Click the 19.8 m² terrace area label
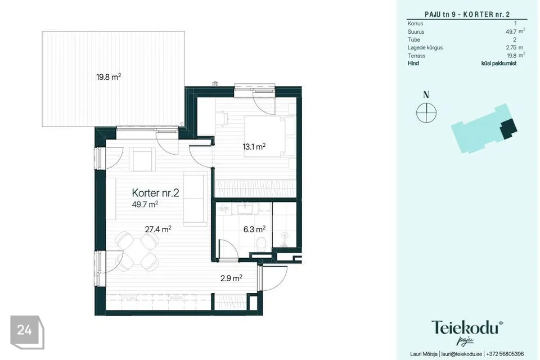[x=109, y=77]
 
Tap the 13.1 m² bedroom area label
[x=254, y=146]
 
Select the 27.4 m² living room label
[x=158, y=229]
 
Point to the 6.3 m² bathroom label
[x=254, y=229]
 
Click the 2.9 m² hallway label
[x=231, y=278]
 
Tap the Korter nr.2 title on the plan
[x=155, y=192]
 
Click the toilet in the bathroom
[x=262, y=243]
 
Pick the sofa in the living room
[x=195, y=199]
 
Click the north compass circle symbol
[x=426, y=112]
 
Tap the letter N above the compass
[x=426, y=94]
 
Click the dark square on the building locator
[x=508, y=128]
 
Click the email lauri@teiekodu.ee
[x=461, y=354]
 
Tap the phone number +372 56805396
[x=505, y=354]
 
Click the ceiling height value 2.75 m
[x=515, y=48]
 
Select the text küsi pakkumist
[x=499, y=64]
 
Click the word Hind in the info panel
[x=413, y=64]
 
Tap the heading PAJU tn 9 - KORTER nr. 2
[x=467, y=14]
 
